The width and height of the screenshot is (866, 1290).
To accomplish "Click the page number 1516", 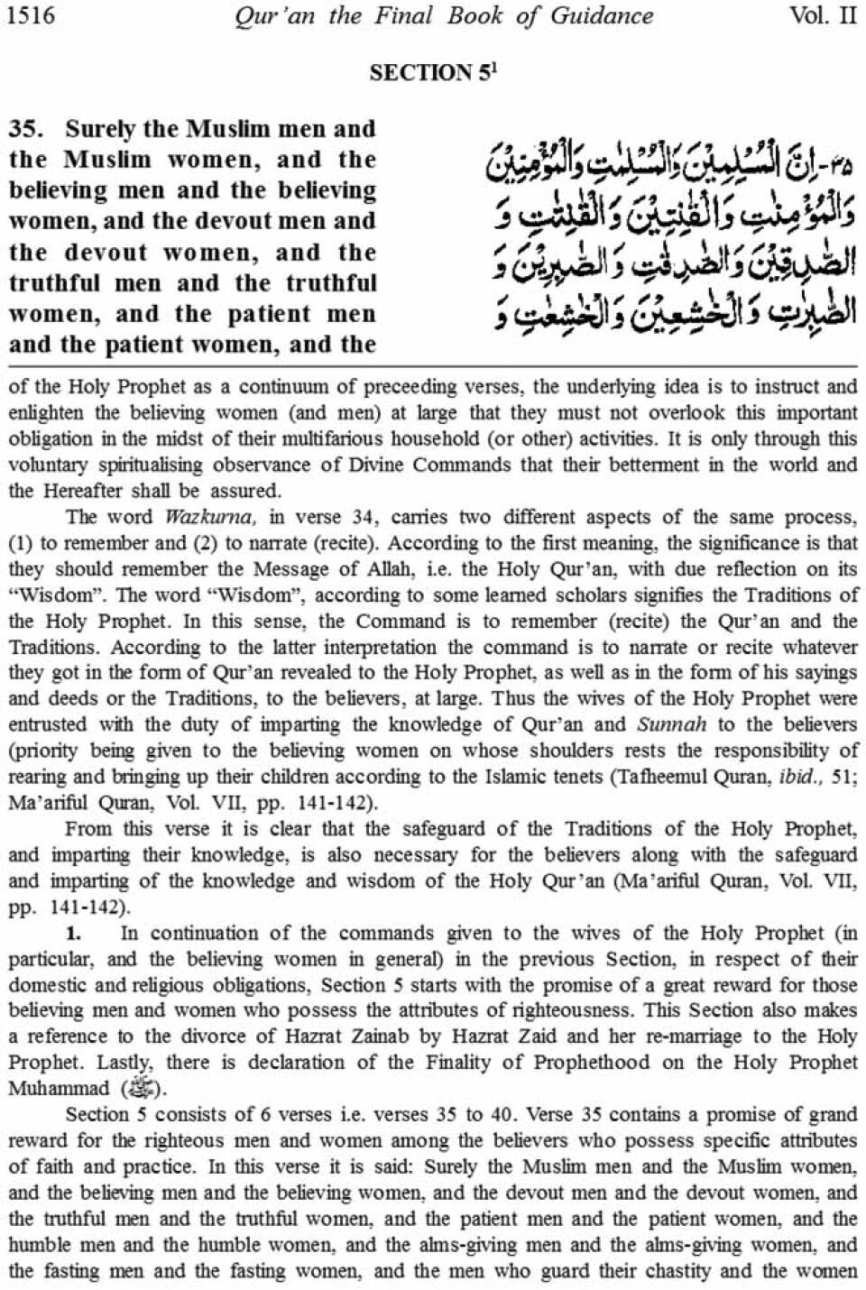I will coord(32,15).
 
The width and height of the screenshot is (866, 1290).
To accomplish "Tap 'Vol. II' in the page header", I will coord(824,15).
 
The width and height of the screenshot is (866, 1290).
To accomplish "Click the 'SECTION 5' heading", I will coord(431,74).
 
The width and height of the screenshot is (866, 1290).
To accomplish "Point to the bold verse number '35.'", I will coord(27,129).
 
